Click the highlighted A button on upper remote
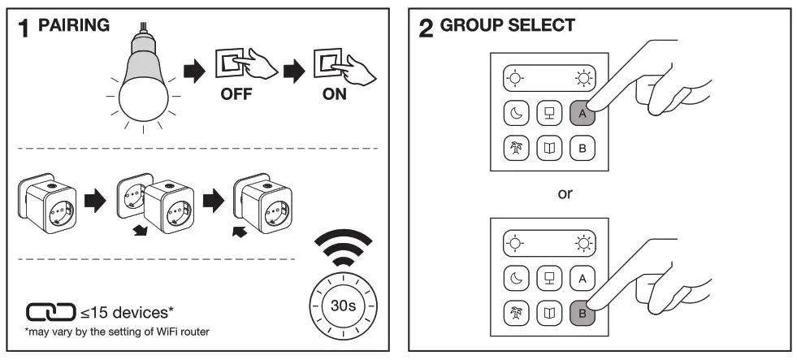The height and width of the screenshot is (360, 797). [x=582, y=115]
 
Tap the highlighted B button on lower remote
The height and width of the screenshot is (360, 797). [x=582, y=312]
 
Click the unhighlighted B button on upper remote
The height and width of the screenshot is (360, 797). [x=582, y=149]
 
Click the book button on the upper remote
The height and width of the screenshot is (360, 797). [x=548, y=149]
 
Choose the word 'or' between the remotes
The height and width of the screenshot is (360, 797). [x=548, y=195]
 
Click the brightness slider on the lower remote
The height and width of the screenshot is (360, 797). [x=548, y=242]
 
